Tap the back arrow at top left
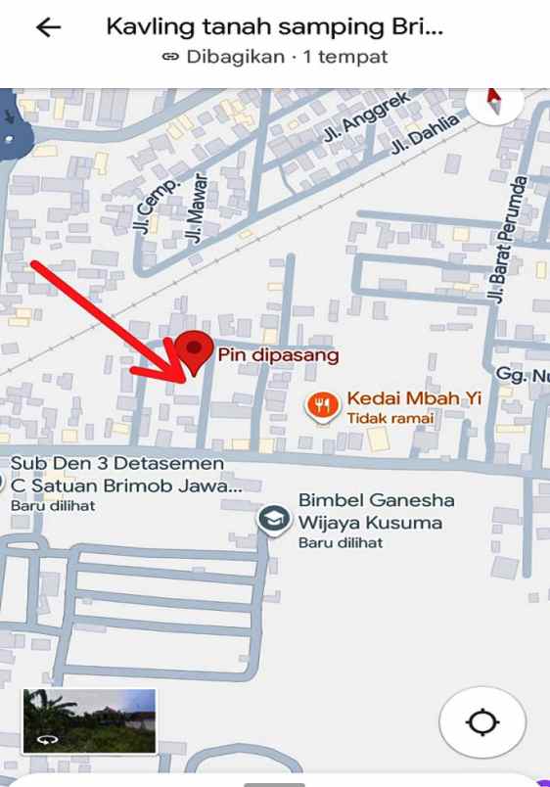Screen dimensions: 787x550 click(x=47, y=27)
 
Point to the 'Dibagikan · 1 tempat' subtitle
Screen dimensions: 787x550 click(x=274, y=57)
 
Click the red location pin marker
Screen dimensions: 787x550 click(x=196, y=351)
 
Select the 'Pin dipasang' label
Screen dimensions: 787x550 click(x=278, y=355)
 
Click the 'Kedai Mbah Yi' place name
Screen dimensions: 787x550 click(x=414, y=399)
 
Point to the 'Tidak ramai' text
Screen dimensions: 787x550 click(x=390, y=419)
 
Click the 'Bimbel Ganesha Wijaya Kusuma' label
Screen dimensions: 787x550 click(x=376, y=511)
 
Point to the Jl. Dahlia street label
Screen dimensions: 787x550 click(x=411, y=135)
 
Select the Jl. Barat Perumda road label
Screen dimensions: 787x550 click(x=507, y=239)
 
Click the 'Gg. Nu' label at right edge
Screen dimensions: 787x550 click(x=522, y=376)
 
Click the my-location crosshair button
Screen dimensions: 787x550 click(x=482, y=723)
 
